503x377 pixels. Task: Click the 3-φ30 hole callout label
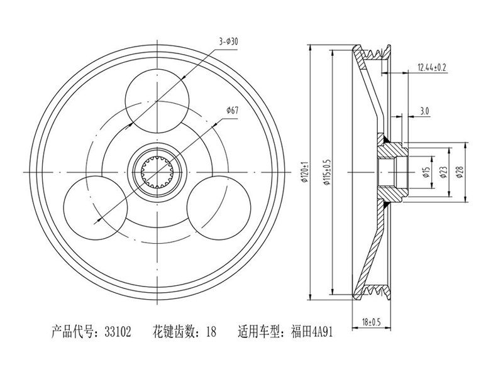[228, 41]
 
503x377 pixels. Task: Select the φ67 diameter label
[232, 111]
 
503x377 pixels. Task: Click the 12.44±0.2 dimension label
[432, 67]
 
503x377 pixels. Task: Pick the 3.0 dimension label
[424, 111]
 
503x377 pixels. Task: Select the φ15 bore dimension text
[426, 172]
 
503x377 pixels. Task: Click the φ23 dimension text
[443, 172]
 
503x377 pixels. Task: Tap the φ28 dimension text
[460, 172]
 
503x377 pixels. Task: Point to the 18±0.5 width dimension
[371, 322]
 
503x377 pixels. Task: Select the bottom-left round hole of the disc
[96, 207]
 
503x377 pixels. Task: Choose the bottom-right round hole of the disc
[218, 207]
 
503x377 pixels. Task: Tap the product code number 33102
[118, 332]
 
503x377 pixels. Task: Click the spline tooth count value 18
[211, 332]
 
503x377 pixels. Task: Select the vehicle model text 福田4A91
[312, 332]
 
